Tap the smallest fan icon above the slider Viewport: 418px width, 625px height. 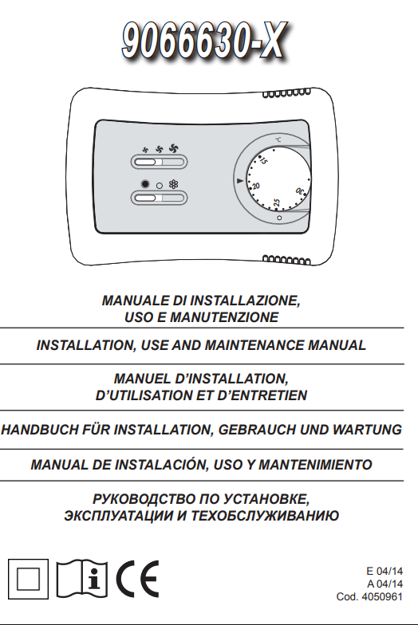[145, 148]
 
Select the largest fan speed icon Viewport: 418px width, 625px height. [175, 147]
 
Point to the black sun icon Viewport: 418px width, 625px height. [145, 184]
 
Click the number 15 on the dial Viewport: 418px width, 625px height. [263, 162]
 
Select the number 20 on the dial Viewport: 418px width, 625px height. [255, 186]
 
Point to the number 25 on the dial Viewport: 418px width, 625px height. [276, 203]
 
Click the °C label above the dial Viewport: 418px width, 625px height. [278, 140]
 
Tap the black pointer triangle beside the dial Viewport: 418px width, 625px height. [240, 183]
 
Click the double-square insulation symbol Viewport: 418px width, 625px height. [27, 576]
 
